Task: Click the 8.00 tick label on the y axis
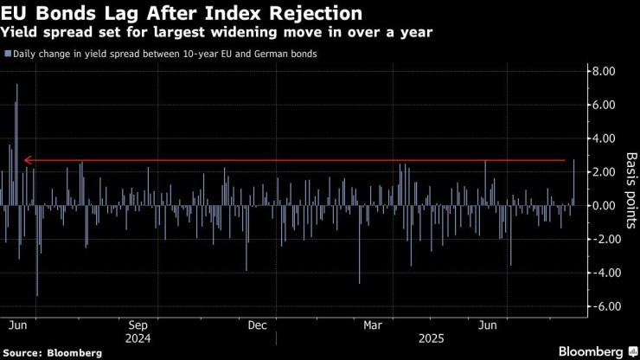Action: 602,71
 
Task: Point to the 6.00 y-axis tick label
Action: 602,105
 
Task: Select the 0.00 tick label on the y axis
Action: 602,206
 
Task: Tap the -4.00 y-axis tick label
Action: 599,273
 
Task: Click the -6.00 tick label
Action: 599,306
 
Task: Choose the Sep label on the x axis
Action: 138,326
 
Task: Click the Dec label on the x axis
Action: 257,326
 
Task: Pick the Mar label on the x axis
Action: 374,326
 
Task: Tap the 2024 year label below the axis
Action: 138,339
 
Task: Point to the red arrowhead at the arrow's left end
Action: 28,160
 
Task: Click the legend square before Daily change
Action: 7,54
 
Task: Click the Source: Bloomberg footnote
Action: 54,352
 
